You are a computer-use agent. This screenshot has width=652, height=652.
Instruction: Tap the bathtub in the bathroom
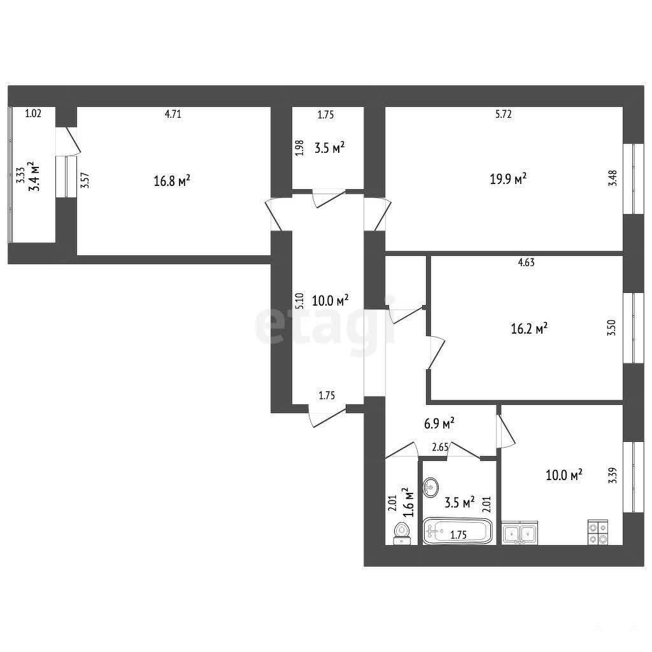(457, 531)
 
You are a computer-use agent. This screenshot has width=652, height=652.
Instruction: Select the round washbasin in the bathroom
(431, 486)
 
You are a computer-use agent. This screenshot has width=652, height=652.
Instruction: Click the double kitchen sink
(520, 533)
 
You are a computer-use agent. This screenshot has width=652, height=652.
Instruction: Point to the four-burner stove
(598, 533)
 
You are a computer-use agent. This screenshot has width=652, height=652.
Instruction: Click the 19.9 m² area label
(508, 179)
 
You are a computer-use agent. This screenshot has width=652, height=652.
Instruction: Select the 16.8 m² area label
(172, 180)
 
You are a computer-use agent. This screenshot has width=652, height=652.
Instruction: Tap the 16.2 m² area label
(529, 329)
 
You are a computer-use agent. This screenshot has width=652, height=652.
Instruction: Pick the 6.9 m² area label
(439, 423)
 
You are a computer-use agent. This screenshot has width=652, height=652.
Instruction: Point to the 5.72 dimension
(504, 114)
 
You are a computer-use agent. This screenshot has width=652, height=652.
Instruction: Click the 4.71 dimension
(173, 114)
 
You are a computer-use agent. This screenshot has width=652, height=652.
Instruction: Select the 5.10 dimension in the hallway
(300, 301)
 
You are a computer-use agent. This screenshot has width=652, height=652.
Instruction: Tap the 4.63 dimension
(527, 262)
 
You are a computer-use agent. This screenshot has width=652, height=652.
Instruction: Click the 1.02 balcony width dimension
(33, 113)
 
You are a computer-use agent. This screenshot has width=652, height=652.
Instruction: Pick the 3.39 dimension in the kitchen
(613, 475)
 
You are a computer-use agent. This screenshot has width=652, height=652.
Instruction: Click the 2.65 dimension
(440, 448)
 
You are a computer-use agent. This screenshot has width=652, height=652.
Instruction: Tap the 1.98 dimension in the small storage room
(300, 148)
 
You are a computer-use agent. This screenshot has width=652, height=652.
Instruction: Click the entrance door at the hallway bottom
(327, 415)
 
